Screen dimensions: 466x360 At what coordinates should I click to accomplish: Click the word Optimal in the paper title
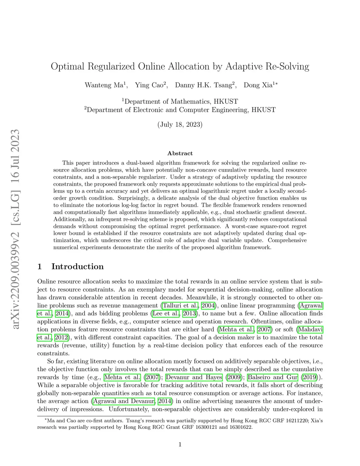67,66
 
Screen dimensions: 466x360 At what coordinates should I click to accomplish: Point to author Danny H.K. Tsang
204,85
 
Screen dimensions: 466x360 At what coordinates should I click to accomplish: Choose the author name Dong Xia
258,85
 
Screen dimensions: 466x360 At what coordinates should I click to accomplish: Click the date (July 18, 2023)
180,125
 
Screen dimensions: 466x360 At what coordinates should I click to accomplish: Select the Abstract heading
180,153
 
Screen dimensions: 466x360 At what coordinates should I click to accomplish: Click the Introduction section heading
77,267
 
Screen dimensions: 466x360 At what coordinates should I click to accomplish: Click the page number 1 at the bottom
180,445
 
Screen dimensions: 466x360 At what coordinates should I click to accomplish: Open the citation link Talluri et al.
180,306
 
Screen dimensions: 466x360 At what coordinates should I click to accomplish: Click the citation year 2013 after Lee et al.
189,314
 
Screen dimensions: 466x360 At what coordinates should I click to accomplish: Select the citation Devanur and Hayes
194,377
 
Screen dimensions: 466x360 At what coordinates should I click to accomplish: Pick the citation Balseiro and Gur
272,377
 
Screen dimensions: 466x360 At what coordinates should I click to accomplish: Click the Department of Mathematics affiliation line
180,102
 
